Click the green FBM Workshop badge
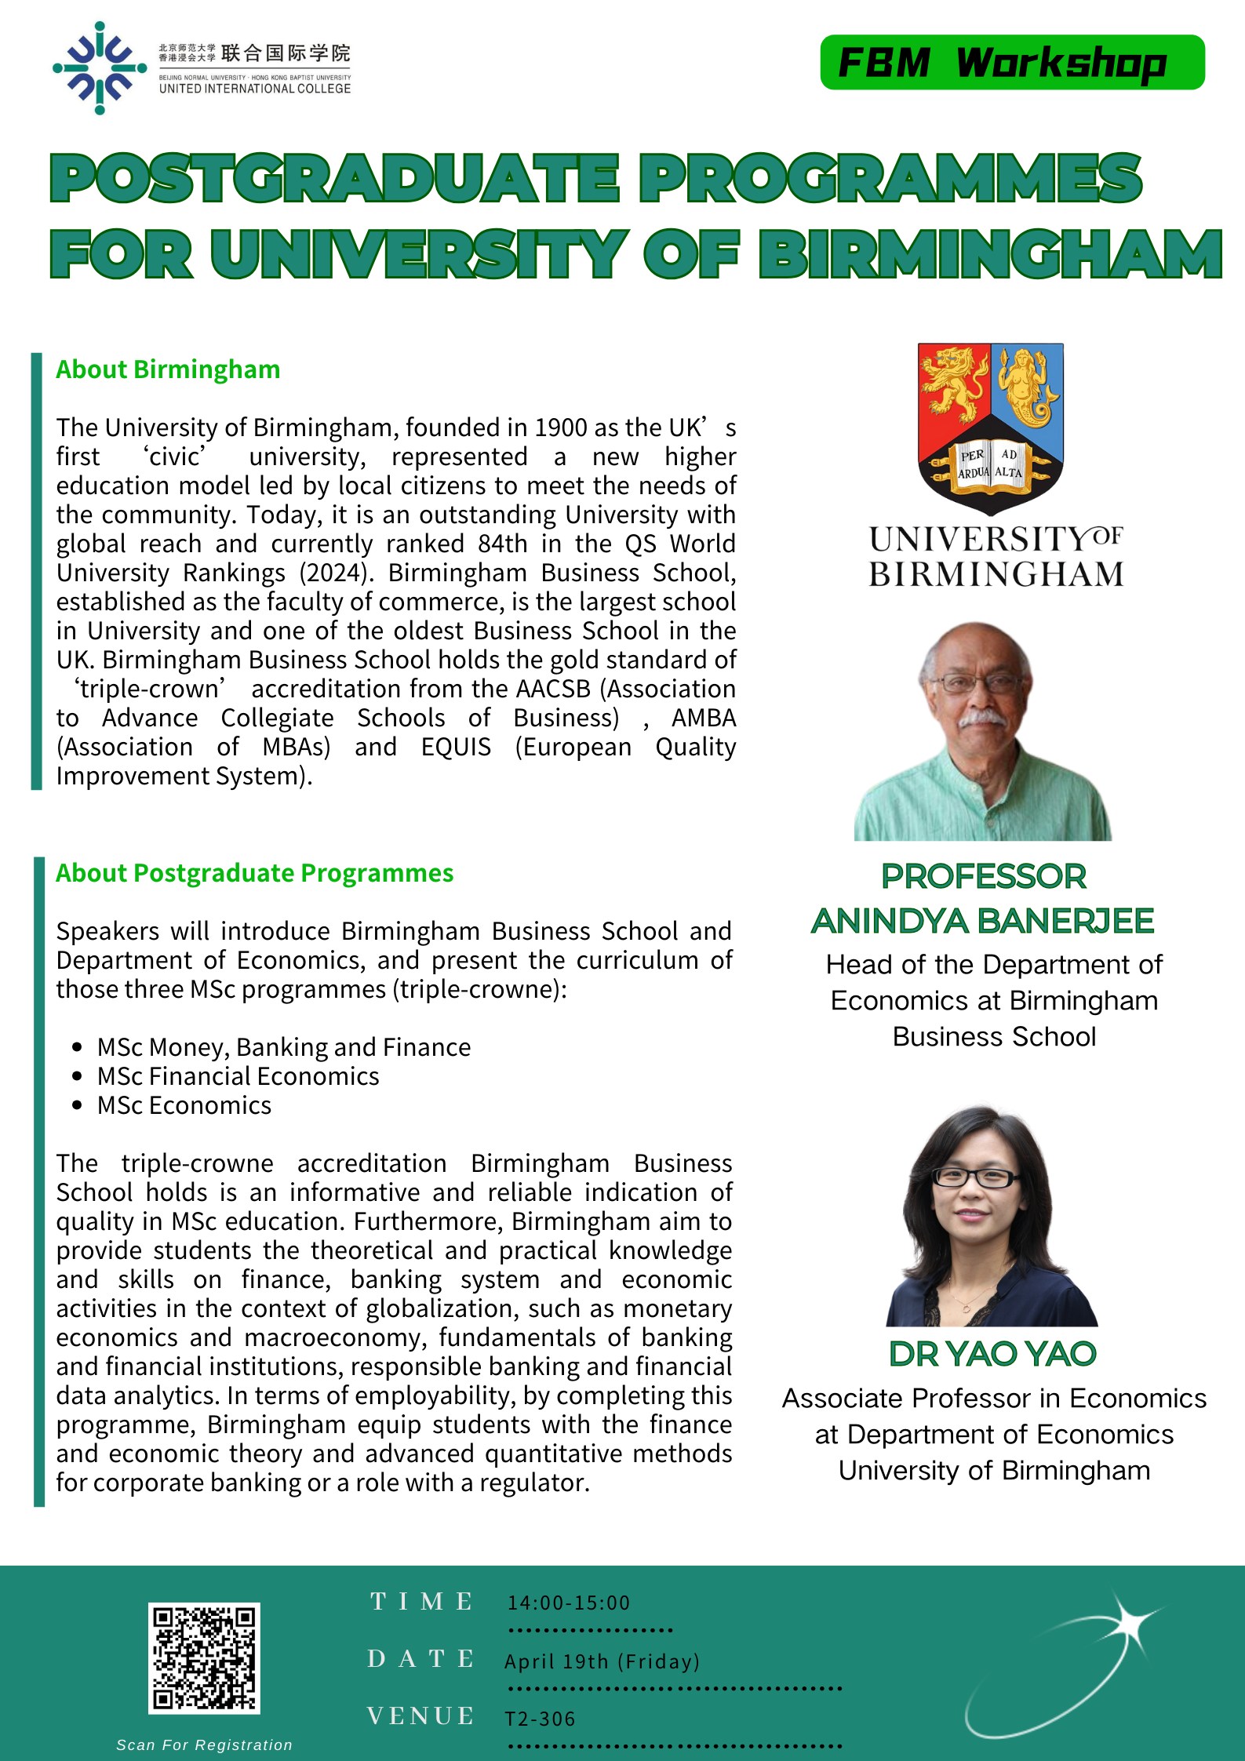1012,63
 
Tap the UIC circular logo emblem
100,68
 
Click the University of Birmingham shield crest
991,428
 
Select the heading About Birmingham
168,369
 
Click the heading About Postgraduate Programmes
254,873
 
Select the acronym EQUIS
456,748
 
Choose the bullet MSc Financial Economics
238,1077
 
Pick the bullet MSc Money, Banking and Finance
283,1048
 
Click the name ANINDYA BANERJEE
983,921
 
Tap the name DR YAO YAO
992,1354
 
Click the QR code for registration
204,1657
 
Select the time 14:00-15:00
569,1603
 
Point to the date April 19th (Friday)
602,1661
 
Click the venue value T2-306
540,1719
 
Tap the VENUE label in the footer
420,1716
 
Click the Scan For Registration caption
204,1745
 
